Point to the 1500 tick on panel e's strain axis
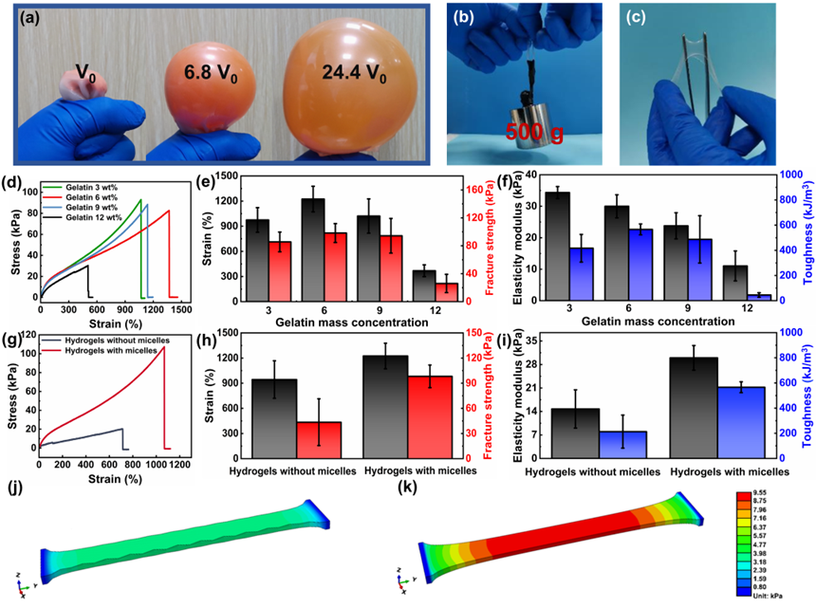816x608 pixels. (x=221, y=175)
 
